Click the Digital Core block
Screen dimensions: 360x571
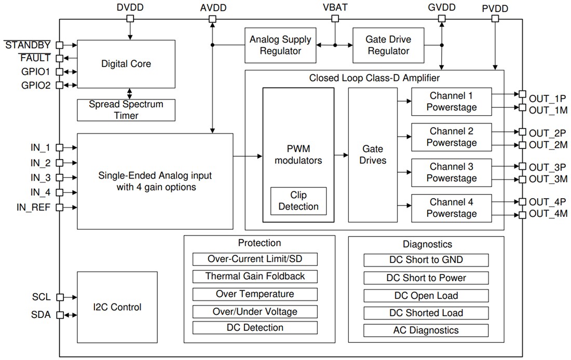tap(126, 64)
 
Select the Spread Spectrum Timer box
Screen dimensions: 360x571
tap(126, 109)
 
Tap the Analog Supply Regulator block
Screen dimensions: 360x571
tap(280, 45)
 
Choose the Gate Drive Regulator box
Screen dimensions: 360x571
tap(387, 45)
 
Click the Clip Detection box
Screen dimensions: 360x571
tap(298, 201)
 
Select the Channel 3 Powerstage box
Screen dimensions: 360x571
tap(452, 172)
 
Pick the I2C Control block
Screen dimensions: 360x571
tap(117, 307)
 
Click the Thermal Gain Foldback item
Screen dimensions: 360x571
tap(255, 276)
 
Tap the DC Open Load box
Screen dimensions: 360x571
tap(426, 295)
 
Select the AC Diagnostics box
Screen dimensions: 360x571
tap(426, 330)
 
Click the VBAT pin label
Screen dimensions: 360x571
tap(335, 7)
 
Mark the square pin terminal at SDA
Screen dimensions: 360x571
tap(60, 314)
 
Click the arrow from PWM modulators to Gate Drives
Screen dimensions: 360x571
tap(341, 155)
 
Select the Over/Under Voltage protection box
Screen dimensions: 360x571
tap(255, 311)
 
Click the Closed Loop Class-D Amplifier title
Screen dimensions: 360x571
tap(374, 78)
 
